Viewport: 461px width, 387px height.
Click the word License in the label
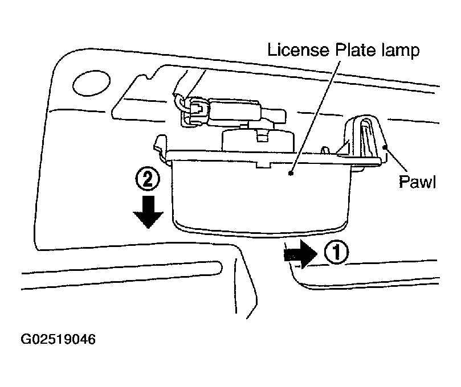298,50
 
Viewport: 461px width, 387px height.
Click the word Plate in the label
356,50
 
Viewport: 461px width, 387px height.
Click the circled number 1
336,252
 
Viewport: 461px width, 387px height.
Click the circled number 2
148,179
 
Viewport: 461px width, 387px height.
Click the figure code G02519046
58,339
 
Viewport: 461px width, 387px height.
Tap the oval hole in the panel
91,84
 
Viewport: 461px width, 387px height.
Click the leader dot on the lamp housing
291,173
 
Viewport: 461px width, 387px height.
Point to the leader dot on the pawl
385,146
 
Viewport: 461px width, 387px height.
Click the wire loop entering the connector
180,104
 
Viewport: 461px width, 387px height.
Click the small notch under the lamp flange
263,164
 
